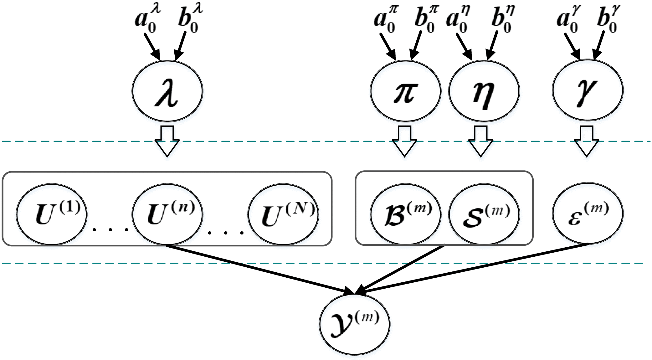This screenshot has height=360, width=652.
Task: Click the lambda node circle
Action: pos(167,91)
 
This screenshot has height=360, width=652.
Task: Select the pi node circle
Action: pos(405,91)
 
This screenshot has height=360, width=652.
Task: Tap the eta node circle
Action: pos(484,91)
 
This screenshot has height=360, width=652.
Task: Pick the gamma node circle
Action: pos(588,90)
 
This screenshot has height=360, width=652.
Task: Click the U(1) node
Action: pos(52,214)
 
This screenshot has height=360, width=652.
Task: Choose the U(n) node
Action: pos(167,214)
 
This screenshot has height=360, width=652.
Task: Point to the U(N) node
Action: pos(283,214)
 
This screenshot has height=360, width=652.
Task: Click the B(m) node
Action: pos(405,214)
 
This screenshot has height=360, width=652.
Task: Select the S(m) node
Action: pos(484,214)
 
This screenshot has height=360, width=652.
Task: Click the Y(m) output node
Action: pos(355,324)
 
